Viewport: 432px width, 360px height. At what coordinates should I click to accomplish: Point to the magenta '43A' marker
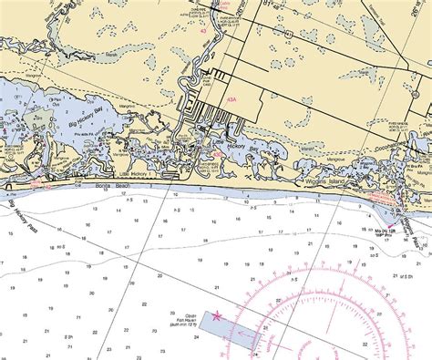pos(233,99)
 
